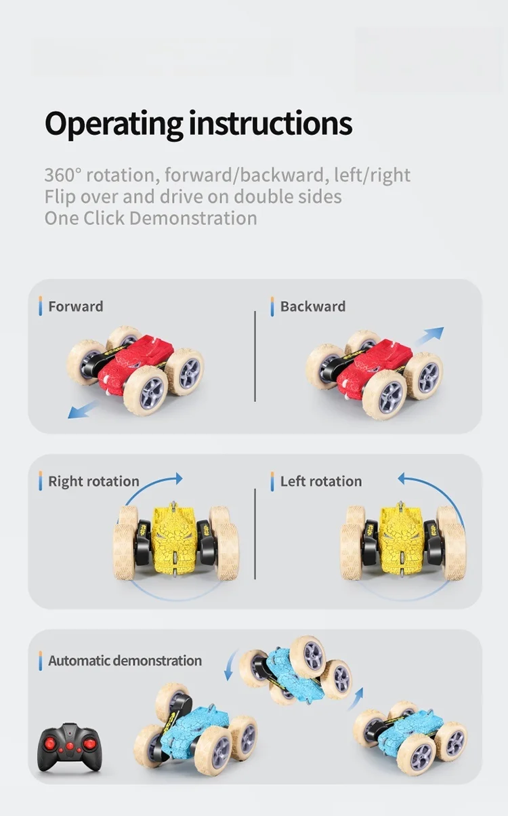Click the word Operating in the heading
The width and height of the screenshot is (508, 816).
[x=114, y=124]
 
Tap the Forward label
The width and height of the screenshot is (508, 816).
[x=75, y=306]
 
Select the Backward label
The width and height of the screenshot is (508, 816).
[x=312, y=306]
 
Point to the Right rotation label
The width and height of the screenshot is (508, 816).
[x=93, y=482]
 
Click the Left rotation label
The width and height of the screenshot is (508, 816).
[x=320, y=482]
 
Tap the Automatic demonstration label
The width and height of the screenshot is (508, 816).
[x=125, y=661]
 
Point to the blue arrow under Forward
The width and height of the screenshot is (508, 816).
[x=81, y=409]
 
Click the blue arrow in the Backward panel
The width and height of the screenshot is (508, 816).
[x=428, y=335]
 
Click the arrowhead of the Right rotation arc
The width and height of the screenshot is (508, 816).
[x=177, y=478]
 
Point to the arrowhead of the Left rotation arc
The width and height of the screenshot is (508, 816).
[x=402, y=479]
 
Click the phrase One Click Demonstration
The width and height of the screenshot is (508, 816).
[x=150, y=218]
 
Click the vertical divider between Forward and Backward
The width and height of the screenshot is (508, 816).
[x=255, y=356]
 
